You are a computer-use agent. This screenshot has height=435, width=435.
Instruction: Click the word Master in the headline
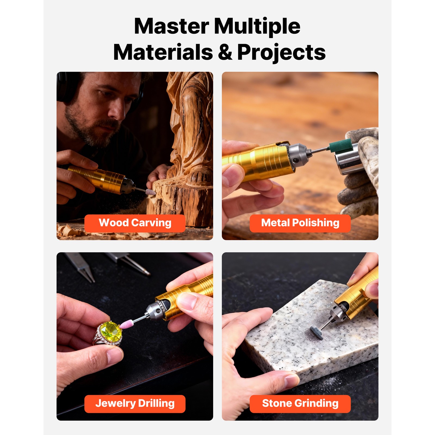pyautogui.click(x=172, y=26)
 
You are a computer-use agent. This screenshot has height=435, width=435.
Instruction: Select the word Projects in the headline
pyautogui.click(x=281, y=53)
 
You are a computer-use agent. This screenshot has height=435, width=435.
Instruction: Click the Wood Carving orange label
pyautogui.click(x=135, y=223)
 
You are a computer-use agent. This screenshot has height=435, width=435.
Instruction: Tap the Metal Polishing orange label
pyautogui.click(x=300, y=223)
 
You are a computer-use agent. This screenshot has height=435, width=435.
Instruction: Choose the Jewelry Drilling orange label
pyautogui.click(x=135, y=404)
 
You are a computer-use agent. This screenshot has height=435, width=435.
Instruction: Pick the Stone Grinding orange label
pyautogui.click(x=300, y=404)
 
